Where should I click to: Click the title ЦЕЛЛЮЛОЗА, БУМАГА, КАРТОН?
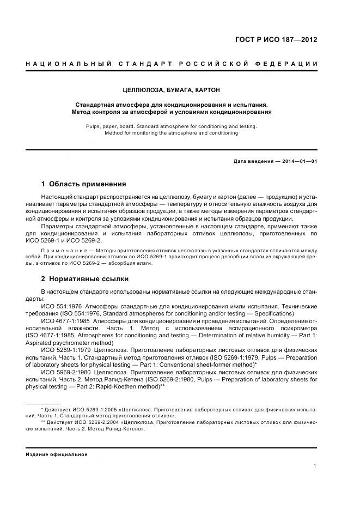coord(171,89)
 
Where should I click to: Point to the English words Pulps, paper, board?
coord(107,126)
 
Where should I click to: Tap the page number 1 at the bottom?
coord(315,465)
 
